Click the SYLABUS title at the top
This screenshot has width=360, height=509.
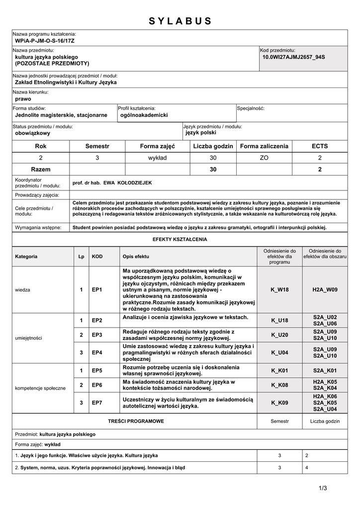coord(180,21)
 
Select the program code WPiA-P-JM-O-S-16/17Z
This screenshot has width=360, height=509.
coord(45,40)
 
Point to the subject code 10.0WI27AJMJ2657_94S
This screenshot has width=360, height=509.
coord(293,57)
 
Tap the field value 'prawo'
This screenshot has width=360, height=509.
coord(23,99)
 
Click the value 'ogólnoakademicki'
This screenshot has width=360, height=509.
coord(144,115)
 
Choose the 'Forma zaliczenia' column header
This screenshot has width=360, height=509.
coord(264,146)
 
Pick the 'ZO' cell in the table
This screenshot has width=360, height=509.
coord(264,158)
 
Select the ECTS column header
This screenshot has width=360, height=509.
coord(320,146)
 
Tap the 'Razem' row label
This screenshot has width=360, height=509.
coord(41,170)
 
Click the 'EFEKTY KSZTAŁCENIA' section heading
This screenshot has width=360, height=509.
coord(180,239)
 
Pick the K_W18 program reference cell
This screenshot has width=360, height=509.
coord(279,289)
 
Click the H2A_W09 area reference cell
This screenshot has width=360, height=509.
coord(325,289)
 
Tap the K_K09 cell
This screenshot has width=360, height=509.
coord(279,403)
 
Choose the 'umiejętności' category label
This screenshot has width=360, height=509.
coord(29,338)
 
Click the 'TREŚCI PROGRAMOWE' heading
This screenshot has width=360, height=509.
coord(136,421)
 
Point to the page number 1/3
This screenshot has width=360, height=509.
coord(323,488)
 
